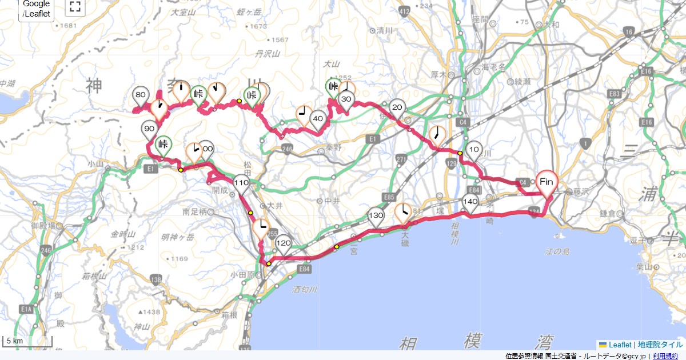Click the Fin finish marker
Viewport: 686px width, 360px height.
point(547,182)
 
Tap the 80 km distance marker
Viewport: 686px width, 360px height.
point(141,95)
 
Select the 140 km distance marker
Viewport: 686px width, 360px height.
point(470,202)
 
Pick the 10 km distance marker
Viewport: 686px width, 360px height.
point(474,150)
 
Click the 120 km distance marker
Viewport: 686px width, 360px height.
point(284,243)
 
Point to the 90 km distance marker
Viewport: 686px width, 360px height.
point(149,130)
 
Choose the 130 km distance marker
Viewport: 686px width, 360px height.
point(376,216)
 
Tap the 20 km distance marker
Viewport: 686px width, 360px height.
point(397,107)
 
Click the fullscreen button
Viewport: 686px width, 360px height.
point(74,7)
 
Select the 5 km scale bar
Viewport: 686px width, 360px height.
point(27,342)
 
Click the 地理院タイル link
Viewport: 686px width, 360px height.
point(660,345)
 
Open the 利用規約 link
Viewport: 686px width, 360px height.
point(666,356)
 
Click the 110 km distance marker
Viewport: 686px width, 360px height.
point(241,183)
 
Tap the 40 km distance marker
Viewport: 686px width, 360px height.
point(318,119)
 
